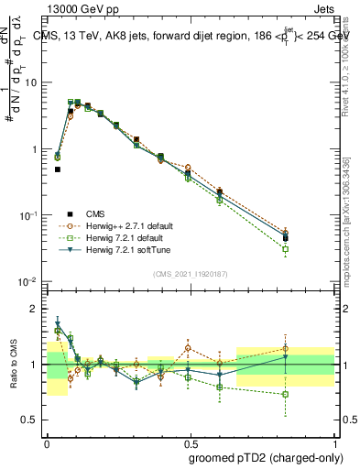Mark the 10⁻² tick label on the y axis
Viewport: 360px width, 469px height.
[29, 281]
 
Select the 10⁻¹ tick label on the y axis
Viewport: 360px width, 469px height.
[29, 215]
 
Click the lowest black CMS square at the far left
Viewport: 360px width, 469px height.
[57, 169]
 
